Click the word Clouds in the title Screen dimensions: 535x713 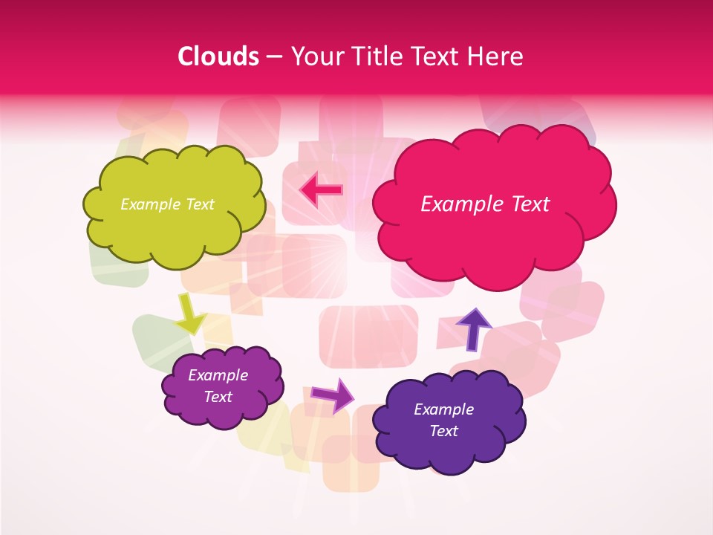coord(218,56)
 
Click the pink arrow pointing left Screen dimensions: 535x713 coord(322,189)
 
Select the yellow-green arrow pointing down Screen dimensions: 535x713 coord(190,315)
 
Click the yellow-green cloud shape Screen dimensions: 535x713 coord(175,230)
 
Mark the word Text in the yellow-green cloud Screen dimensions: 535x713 coord(199,204)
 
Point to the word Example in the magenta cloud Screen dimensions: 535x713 coord(218,375)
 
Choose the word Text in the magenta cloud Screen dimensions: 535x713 coord(218,397)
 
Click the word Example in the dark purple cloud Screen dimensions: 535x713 coord(443,409)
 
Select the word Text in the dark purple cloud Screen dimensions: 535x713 coord(443,431)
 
